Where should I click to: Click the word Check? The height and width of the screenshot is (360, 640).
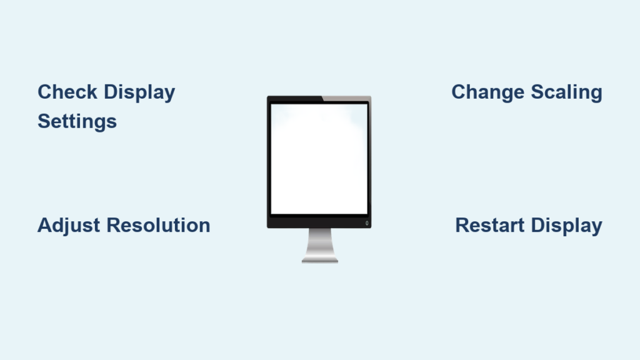[x=67, y=92]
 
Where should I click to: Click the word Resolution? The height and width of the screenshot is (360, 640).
[x=158, y=225]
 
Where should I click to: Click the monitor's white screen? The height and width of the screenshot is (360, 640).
[x=319, y=159]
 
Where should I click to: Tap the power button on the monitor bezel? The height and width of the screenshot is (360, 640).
[x=367, y=223]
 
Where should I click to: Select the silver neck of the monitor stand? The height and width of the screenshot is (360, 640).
[x=319, y=243]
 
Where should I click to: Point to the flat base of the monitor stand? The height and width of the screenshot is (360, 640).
[x=319, y=260]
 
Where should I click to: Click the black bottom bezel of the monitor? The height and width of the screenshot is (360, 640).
[x=319, y=221]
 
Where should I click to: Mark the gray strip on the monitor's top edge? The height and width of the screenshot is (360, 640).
[x=347, y=98]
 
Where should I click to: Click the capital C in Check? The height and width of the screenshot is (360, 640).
[x=45, y=92]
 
